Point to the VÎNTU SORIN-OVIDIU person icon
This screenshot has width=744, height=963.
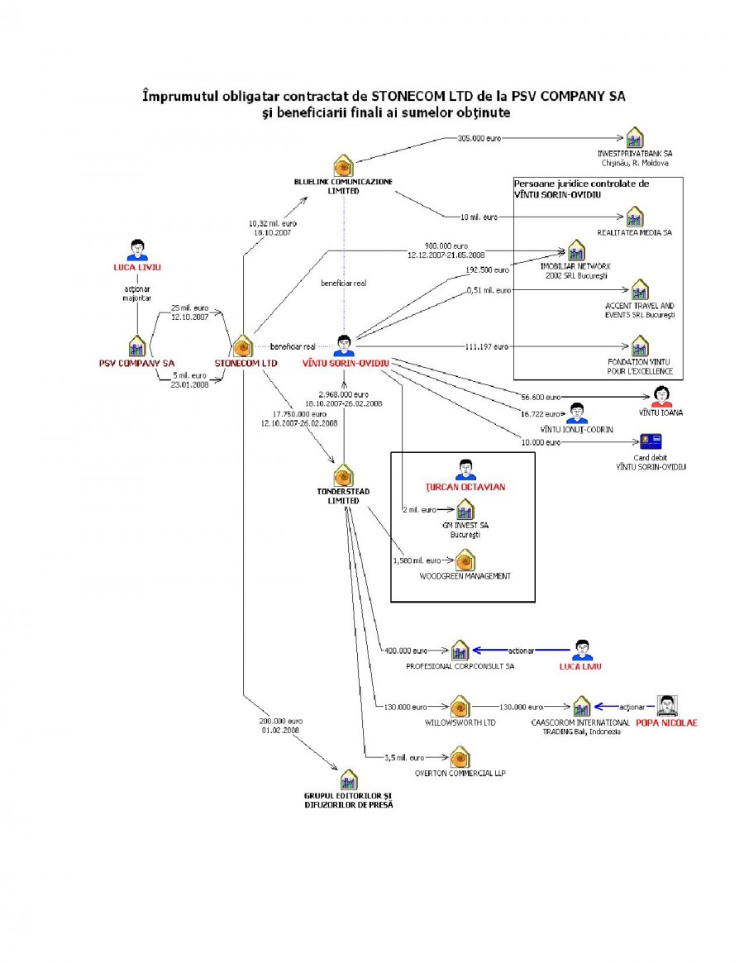tap(344, 345)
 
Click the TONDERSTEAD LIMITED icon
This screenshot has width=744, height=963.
tap(343, 476)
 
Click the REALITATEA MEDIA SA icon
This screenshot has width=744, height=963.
tap(634, 217)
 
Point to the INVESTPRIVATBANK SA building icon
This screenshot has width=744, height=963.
tap(634, 137)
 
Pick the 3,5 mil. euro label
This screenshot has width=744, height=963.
tap(404, 757)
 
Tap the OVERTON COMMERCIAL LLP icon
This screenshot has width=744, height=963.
tap(460, 756)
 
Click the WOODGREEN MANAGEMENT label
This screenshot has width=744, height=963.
tap(465, 575)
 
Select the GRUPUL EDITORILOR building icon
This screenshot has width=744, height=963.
tap(348, 779)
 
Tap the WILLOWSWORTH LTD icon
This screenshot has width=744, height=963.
tap(459, 707)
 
